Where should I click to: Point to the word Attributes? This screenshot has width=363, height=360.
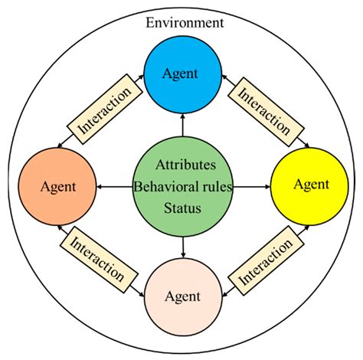click(x=185, y=165)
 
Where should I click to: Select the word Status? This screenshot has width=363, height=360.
click(x=185, y=208)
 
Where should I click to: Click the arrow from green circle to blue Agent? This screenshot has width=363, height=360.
click(x=185, y=123)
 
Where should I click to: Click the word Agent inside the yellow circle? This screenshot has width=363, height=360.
click(x=311, y=184)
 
